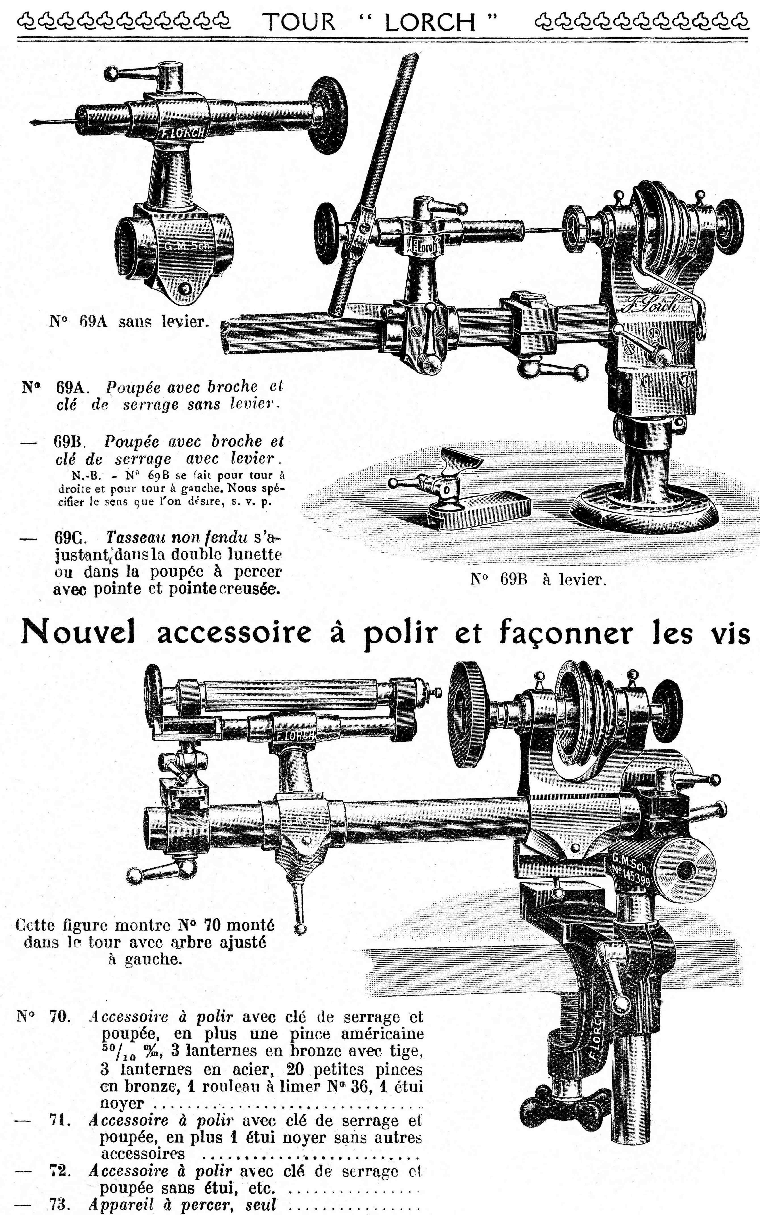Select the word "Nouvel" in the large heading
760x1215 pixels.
78,632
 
